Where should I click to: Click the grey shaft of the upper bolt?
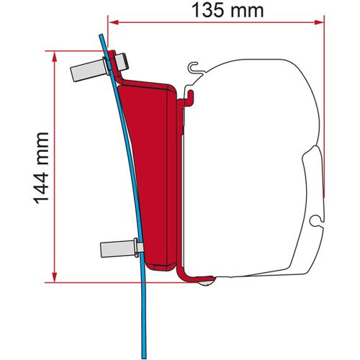86,72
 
